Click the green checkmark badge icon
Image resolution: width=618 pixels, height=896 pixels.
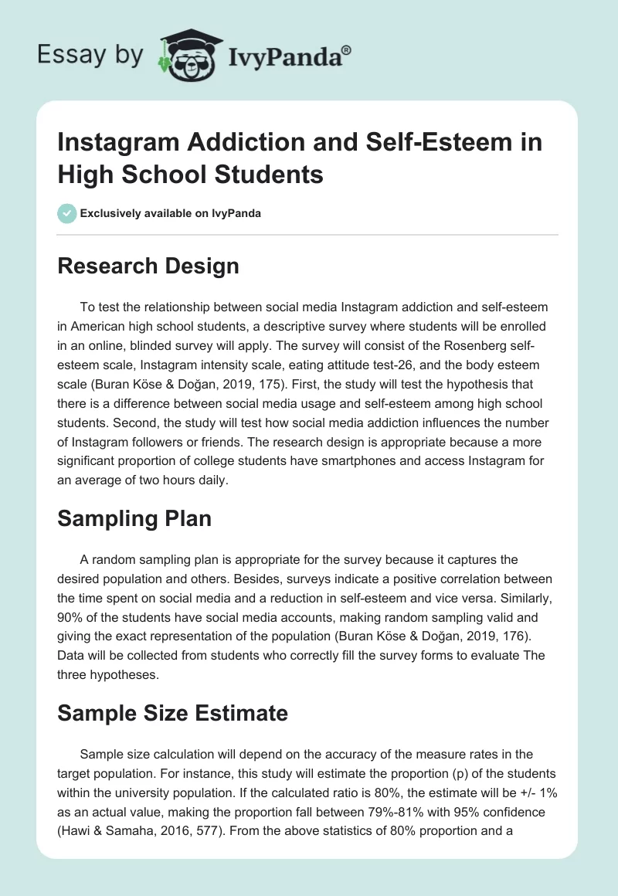(67, 213)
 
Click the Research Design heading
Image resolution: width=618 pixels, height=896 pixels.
(148, 266)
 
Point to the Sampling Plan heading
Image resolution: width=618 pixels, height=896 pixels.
(134, 518)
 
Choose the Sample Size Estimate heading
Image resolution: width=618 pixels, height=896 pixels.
(172, 713)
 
